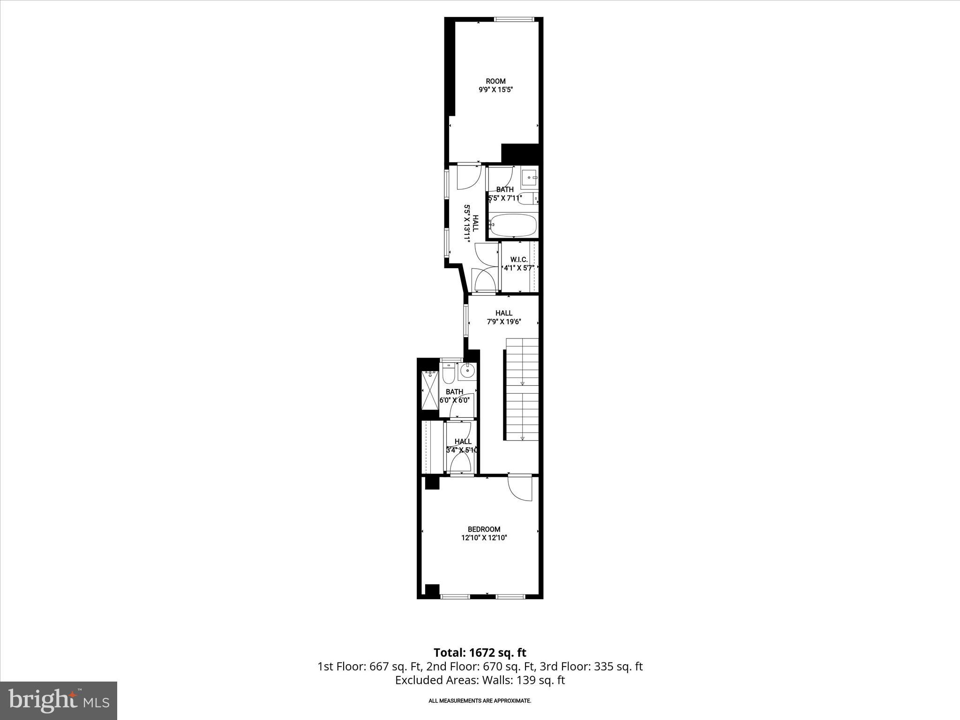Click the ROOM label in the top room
[x=495, y=81]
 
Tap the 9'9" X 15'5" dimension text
[x=495, y=90]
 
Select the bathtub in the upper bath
[x=513, y=225]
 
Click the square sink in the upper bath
[x=530, y=178]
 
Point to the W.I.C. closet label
[x=519, y=259]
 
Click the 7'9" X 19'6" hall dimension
[x=504, y=322]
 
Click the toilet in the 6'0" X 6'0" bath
[x=448, y=373]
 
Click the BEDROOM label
[x=484, y=529]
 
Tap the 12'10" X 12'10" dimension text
[x=484, y=538]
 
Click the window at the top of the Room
[x=514, y=19]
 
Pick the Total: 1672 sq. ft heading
[x=480, y=652]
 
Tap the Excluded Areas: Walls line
[x=480, y=680]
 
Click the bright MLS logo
[x=59, y=701]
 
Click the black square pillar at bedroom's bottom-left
[x=432, y=590]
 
